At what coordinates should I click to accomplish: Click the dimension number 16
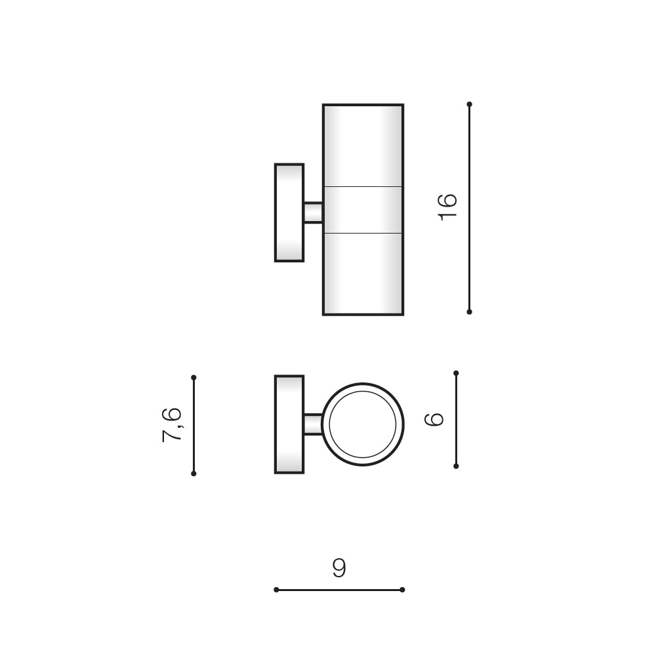447,207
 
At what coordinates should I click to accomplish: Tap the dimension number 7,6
172,424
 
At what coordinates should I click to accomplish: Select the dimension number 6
434,419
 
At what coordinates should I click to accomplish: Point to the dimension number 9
339,567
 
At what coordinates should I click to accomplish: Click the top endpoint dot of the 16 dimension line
470,104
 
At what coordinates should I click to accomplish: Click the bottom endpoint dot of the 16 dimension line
470,312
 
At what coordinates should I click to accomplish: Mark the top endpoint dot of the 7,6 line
194,377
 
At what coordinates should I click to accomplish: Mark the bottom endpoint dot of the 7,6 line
194,474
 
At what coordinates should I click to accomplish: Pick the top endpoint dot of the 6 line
456,373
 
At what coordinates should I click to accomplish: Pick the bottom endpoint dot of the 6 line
456,466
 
